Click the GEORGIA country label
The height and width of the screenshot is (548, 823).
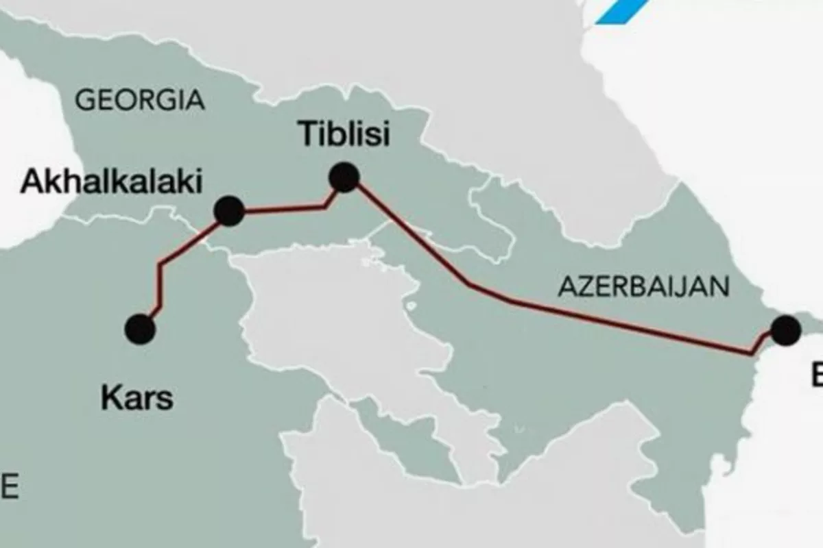click(x=139, y=100)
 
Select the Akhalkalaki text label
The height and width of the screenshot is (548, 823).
click(x=112, y=182)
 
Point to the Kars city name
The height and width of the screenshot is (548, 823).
click(x=137, y=397)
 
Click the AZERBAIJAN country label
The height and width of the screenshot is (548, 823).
click(x=643, y=286)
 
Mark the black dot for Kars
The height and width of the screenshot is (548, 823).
click(x=140, y=329)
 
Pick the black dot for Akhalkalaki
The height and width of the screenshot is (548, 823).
click(x=229, y=210)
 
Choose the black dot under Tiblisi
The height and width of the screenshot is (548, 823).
click(x=344, y=177)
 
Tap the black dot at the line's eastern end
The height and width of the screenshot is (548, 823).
click(x=785, y=329)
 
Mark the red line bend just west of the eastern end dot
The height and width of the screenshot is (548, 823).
click(x=752, y=353)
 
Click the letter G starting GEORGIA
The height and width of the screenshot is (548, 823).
click(x=85, y=100)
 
